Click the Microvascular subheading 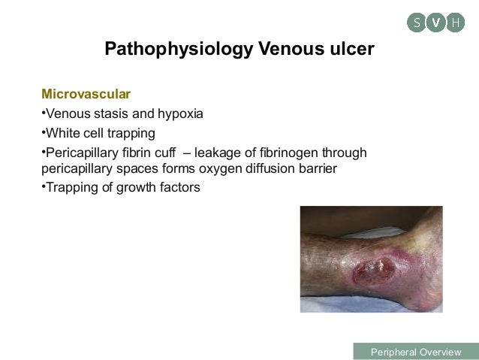86,95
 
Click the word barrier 325,168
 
